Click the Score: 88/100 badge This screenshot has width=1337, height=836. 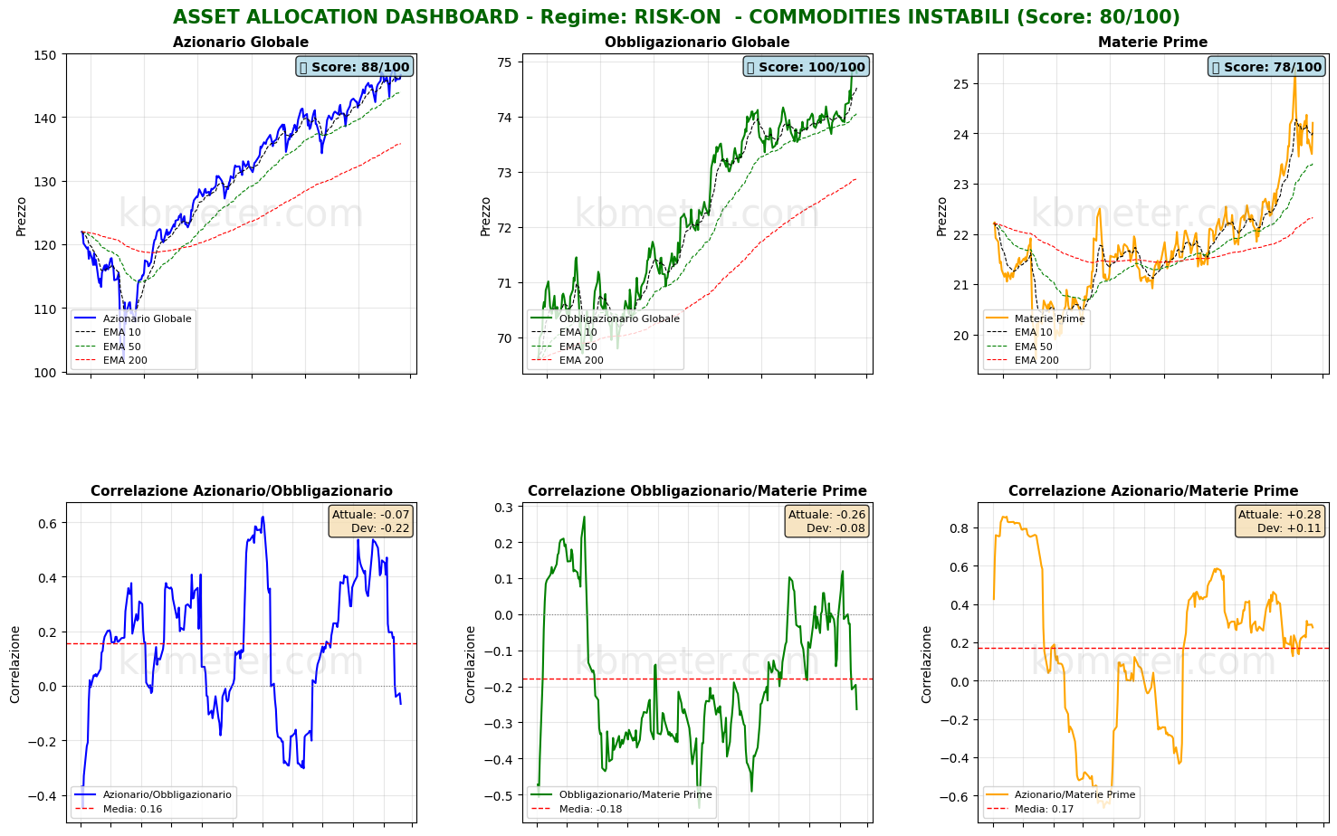coord(355,67)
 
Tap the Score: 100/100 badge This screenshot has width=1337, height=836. coord(806,67)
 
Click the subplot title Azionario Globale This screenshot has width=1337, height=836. coord(241,43)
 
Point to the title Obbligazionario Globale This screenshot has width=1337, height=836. coord(697,43)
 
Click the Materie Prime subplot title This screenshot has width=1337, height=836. coord(1152,43)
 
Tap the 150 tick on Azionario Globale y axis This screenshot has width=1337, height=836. coord(48,55)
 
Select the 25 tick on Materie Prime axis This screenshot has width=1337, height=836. coord(960,84)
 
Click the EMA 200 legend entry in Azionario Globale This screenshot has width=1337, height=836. coord(125,360)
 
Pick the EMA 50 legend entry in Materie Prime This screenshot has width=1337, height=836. coord(1033,347)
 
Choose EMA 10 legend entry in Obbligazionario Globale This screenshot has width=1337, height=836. coord(578,332)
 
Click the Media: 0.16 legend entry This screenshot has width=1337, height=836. coord(132,809)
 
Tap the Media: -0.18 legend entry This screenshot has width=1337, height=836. coord(590,809)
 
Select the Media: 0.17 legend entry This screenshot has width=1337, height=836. coord(1044,809)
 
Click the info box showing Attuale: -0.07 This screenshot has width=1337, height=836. coord(370,521)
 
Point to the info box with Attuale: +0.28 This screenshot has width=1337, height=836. coord(1279,521)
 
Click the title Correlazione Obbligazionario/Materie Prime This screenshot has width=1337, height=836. coord(697,491)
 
